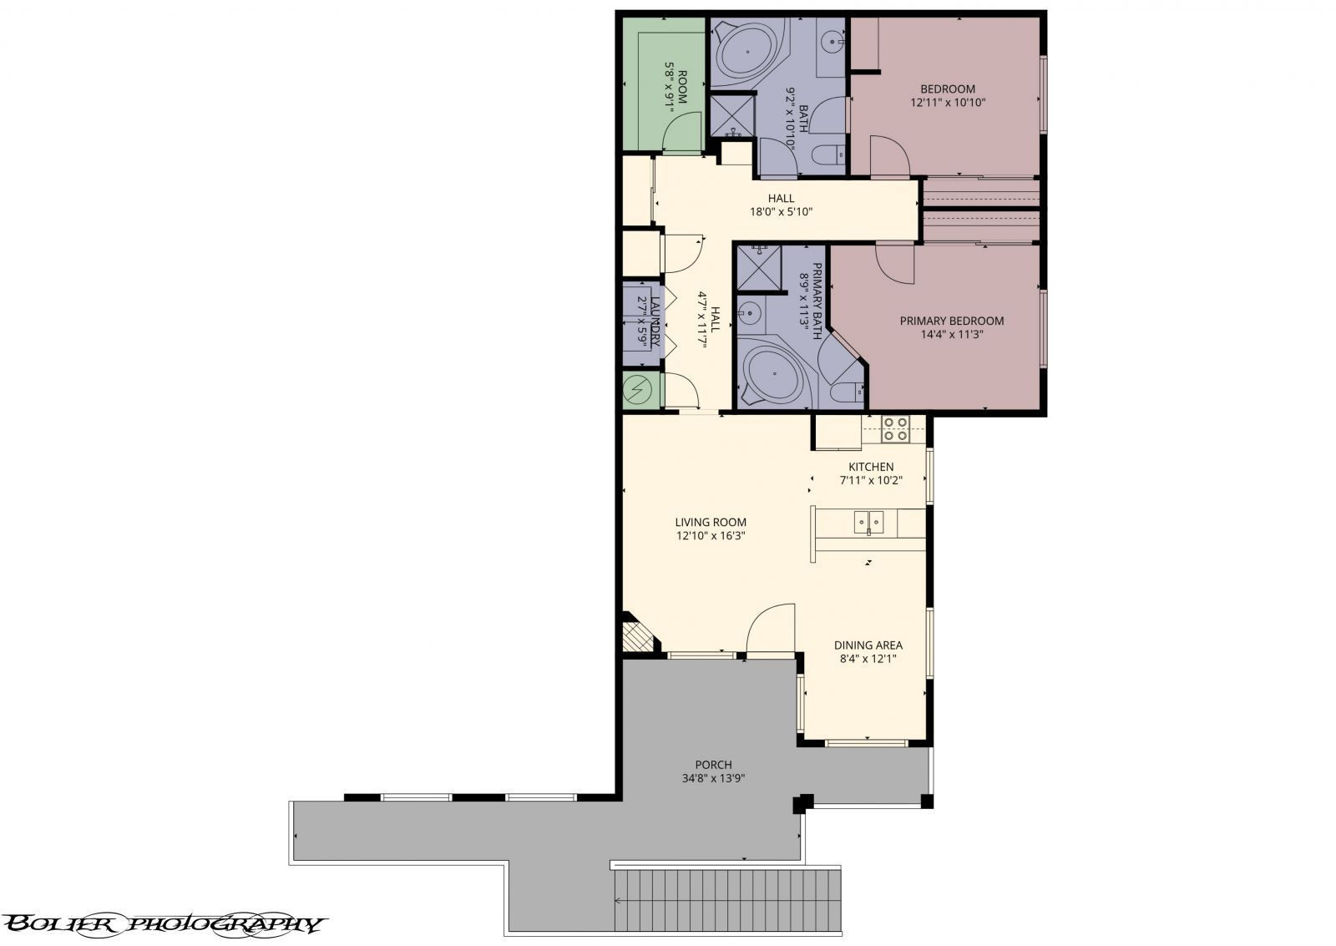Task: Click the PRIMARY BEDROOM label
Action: click(x=951, y=321)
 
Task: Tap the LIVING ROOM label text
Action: click(x=711, y=523)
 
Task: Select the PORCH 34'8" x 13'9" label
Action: click(x=713, y=771)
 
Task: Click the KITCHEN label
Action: click(x=871, y=467)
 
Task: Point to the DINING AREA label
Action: click(x=868, y=645)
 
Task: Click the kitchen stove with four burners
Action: click(x=895, y=428)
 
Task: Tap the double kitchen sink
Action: click(x=868, y=523)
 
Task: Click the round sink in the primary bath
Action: click(x=750, y=313)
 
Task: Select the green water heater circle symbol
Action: click(x=640, y=389)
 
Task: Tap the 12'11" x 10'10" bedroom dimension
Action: click(x=948, y=104)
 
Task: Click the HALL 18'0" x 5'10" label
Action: click(x=782, y=205)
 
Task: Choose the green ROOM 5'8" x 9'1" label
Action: click(x=676, y=86)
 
